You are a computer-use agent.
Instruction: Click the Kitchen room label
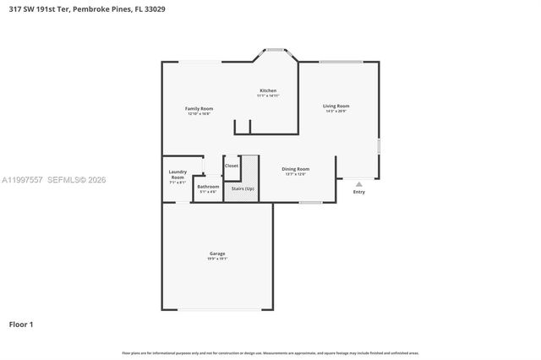click(x=268, y=90)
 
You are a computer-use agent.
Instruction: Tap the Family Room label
click(x=199, y=108)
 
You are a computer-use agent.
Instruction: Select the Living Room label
click(x=336, y=106)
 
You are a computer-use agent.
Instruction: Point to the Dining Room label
click(x=295, y=168)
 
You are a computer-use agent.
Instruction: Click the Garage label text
click(x=217, y=254)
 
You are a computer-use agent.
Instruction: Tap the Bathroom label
click(x=208, y=186)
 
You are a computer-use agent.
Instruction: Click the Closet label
click(x=232, y=166)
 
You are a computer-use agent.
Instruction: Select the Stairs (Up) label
click(x=243, y=188)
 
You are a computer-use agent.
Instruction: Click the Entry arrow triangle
click(x=358, y=183)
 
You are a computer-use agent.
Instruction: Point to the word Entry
click(x=359, y=192)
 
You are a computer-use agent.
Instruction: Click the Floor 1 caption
click(x=22, y=324)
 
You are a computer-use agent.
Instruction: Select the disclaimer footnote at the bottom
click(x=270, y=352)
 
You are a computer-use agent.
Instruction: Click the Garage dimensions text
click(x=217, y=259)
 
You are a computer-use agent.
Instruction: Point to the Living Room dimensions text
click(x=336, y=111)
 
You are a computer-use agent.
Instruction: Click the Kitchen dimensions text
click(x=268, y=95)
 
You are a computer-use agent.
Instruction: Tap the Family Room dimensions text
click(x=199, y=113)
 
